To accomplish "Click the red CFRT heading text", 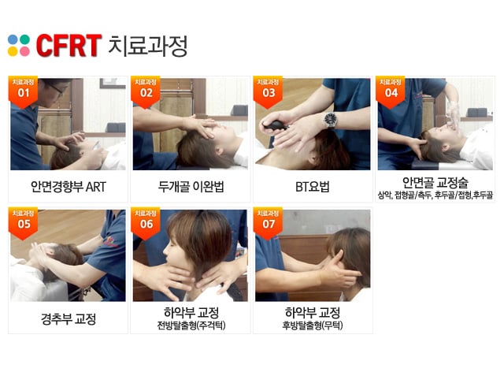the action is point(69,46).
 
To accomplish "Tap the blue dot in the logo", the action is point(13,39).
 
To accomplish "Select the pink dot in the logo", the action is point(24,51).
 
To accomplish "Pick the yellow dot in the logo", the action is point(13,51).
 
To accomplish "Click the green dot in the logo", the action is point(24,39).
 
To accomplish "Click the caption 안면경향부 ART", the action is point(69,187).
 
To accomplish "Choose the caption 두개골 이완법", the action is point(191,187).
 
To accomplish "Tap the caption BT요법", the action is point(313,187).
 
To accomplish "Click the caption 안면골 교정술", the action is point(435,183).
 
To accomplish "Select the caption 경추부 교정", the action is point(69,318).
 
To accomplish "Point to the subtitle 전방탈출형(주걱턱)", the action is point(191,325).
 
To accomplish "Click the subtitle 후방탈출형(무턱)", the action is point(313,325).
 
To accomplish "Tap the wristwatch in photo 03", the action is point(331,120).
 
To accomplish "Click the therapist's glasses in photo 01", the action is point(57,89).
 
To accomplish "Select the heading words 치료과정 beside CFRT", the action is point(148,46).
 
